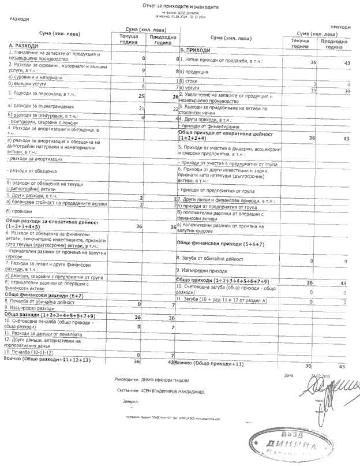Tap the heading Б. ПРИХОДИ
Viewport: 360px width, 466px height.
click(x=196, y=51)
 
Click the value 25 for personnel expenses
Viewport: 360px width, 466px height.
click(x=141, y=95)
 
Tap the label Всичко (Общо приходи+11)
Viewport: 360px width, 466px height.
click(x=209, y=364)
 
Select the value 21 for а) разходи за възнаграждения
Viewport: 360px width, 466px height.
click(x=141, y=108)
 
